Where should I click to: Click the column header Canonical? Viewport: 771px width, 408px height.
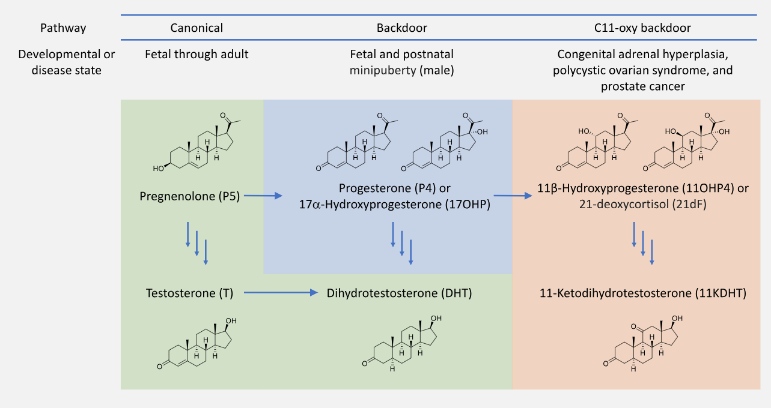click(197, 28)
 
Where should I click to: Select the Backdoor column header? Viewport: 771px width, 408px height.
click(402, 28)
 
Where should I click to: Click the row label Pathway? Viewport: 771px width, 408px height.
click(62, 28)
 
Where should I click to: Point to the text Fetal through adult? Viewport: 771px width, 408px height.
click(197, 54)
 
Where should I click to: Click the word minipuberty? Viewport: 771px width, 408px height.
click(383, 70)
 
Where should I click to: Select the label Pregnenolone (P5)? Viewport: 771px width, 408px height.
click(190, 196)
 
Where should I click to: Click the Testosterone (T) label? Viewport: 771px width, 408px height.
click(189, 293)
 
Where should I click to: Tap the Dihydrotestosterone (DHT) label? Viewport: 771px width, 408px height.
click(399, 293)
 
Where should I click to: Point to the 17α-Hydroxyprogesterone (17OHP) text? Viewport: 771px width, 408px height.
click(395, 204)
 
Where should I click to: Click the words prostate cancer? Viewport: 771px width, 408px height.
click(642, 86)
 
